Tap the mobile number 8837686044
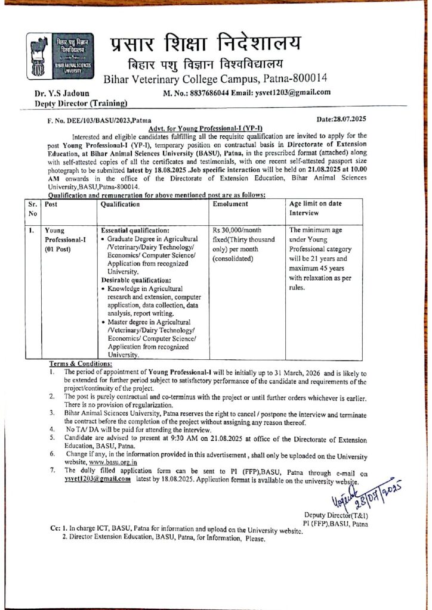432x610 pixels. coord(206,92)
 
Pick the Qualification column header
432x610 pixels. coord(121,204)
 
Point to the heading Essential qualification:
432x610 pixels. coord(135,229)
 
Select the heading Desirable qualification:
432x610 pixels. coord(136,280)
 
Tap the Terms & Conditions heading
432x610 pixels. coord(80,363)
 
